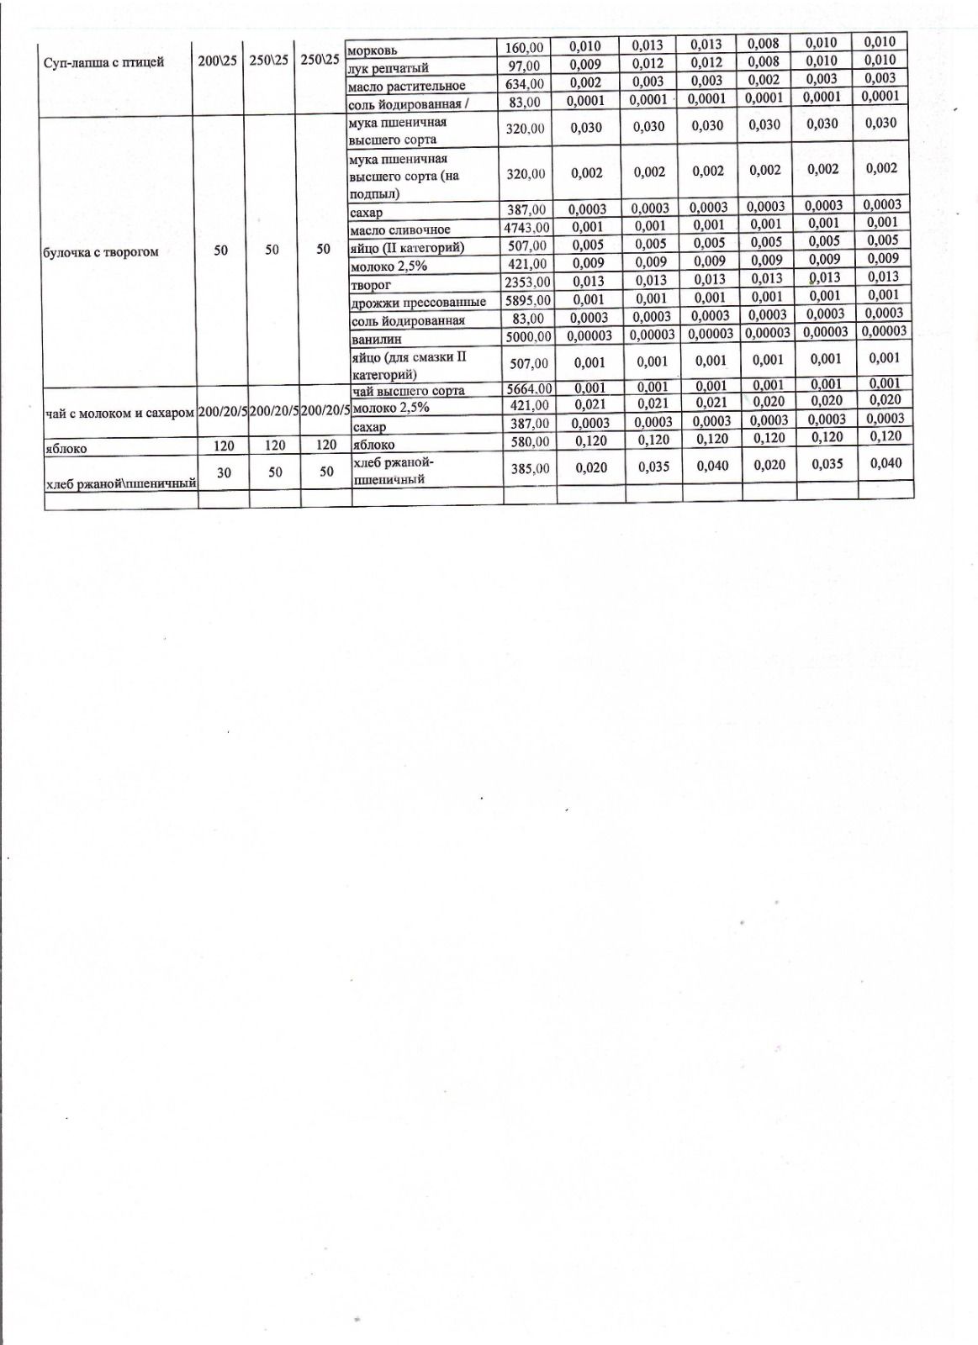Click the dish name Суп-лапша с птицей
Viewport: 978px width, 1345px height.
103,62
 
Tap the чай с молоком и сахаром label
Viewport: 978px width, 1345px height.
119,414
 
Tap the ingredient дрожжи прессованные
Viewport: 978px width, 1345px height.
418,302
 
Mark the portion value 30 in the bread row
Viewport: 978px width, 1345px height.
224,472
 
